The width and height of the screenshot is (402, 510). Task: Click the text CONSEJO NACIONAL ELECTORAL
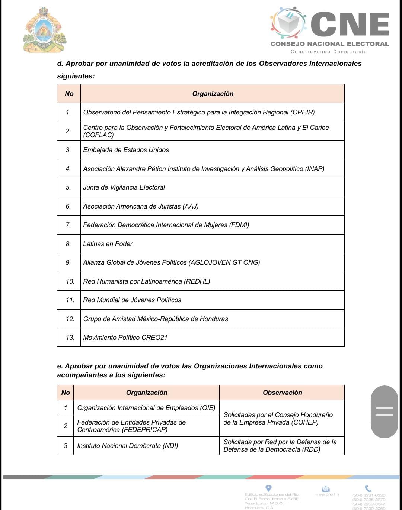click(x=329, y=44)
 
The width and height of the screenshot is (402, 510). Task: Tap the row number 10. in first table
click(x=70, y=281)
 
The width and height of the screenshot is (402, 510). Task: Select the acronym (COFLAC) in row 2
click(x=98, y=135)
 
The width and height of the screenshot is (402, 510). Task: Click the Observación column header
click(x=282, y=393)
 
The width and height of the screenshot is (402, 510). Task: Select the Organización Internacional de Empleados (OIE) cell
click(x=146, y=408)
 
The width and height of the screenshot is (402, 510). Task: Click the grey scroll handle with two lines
click(x=384, y=411)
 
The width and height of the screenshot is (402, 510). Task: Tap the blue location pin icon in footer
click(x=268, y=488)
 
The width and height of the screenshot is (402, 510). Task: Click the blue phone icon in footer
click(x=368, y=488)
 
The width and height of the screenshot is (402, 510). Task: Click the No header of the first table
click(x=69, y=94)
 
